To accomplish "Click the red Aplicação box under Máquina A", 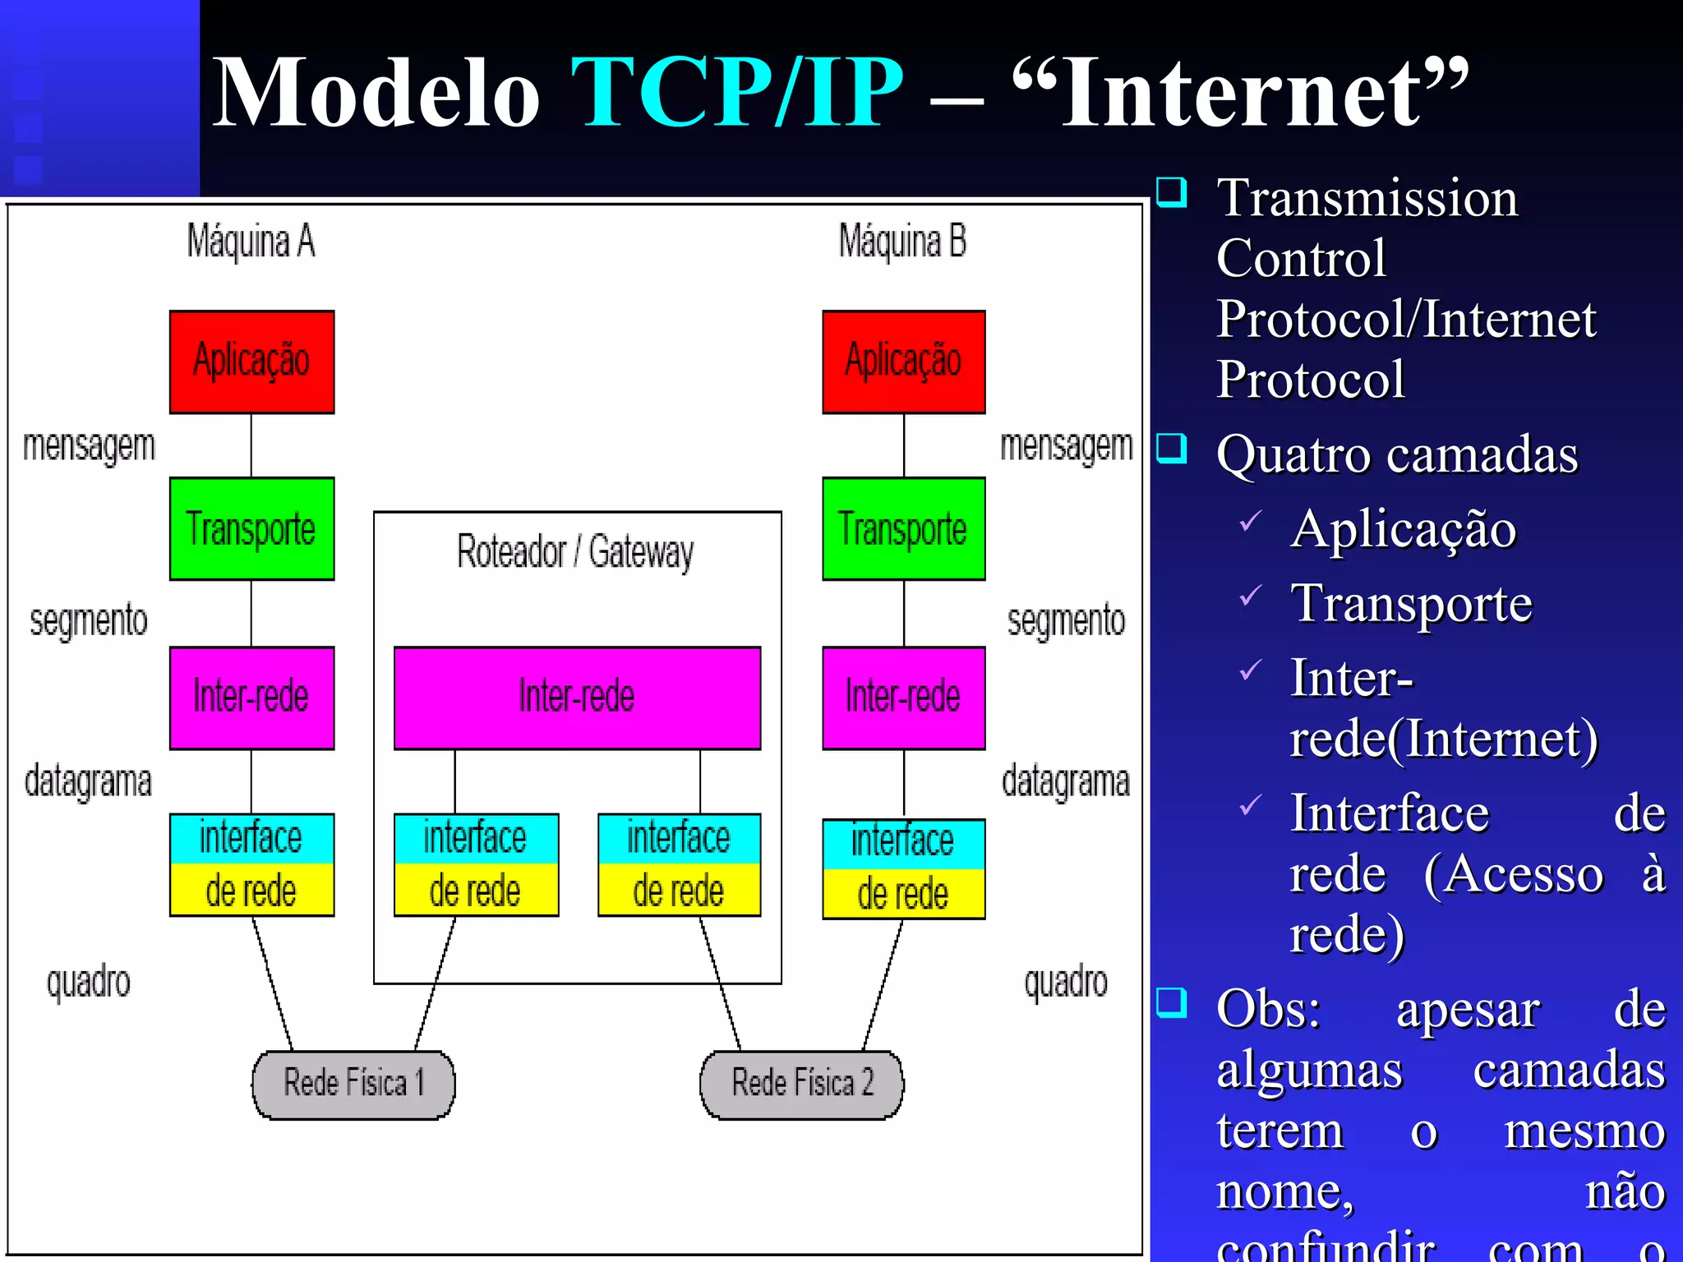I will (x=251, y=362).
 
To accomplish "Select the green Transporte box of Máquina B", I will (x=903, y=528).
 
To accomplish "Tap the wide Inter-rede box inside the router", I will (x=577, y=698).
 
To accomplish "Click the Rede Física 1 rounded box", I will (x=353, y=1084).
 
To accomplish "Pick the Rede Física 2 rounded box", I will (x=801, y=1084).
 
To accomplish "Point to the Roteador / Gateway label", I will (x=575, y=551).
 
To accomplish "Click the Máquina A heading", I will (x=251, y=242).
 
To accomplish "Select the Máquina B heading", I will (x=902, y=242).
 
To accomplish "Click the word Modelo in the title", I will (x=376, y=92).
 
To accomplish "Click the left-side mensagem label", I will (x=89, y=446).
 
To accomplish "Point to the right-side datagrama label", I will (x=1065, y=781).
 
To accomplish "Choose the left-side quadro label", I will (x=88, y=982).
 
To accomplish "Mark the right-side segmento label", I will (x=1066, y=620).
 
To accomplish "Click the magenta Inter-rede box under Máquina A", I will (x=251, y=698).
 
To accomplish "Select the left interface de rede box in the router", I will (x=476, y=864).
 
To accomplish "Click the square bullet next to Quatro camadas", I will (x=1171, y=449).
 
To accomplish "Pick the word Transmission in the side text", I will (x=1367, y=198).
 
